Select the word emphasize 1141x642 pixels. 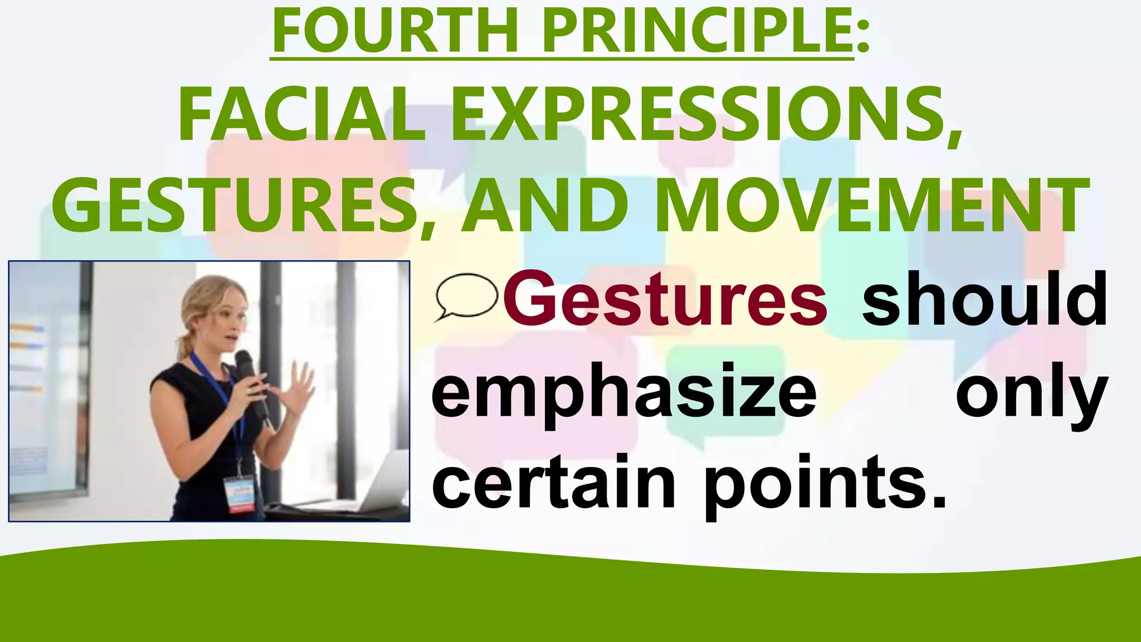point(623,393)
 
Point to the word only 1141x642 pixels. point(1031,393)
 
